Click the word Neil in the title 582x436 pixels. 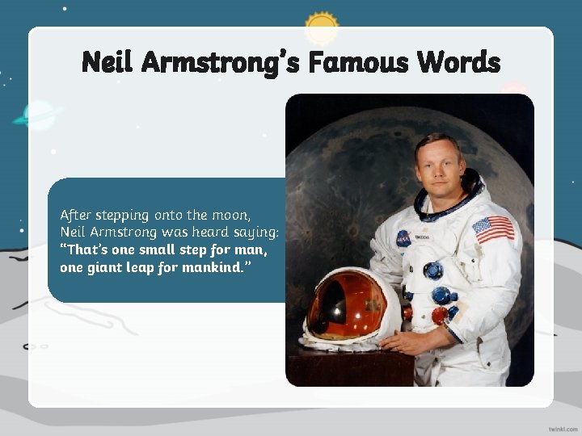click(110, 61)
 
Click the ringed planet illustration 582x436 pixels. click(37, 115)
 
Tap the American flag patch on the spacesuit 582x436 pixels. click(493, 228)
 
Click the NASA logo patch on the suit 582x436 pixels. click(403, 237)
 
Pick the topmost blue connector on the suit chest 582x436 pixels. click(433, 270)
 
